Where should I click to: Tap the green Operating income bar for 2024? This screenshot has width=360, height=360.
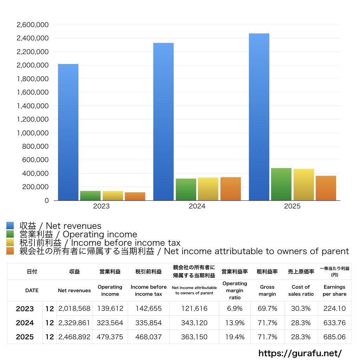186,189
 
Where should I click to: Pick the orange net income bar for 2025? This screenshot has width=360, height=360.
326,188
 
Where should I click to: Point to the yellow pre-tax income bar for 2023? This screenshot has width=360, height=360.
113,195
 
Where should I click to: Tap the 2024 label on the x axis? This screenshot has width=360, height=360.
197,206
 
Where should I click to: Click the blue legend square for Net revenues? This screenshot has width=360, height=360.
10,226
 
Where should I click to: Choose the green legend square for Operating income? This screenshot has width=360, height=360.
10,234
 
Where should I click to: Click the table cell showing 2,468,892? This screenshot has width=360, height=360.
74,337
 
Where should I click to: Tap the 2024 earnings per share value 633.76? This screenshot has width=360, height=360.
334,323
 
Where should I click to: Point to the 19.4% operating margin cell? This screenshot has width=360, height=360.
235,337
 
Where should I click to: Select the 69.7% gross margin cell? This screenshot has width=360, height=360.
268,309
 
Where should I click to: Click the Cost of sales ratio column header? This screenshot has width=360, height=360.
301,290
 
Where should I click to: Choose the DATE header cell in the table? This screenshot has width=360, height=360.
32,290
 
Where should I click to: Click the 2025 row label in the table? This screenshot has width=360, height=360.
25,337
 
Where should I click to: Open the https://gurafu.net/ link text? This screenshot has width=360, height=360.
300,353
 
